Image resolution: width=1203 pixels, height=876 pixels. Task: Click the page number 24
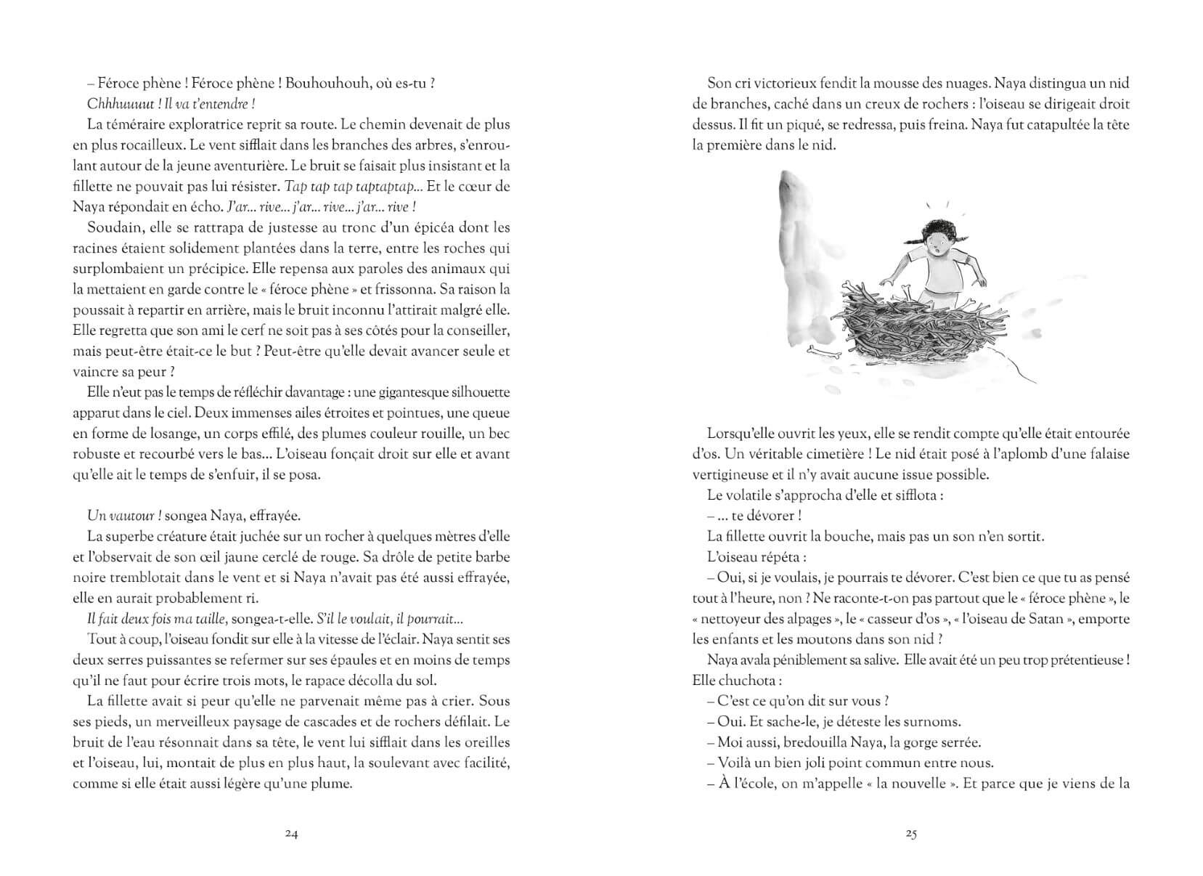point(291,834)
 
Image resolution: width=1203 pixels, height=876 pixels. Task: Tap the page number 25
point(911,834)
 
